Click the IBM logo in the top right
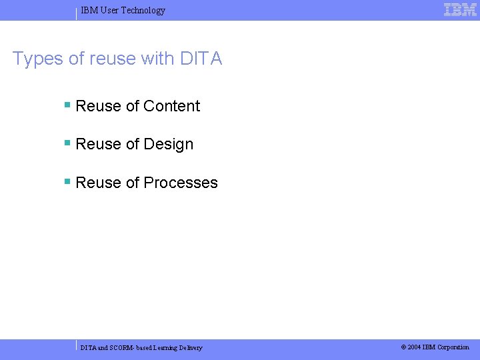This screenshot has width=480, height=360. click(460, 10)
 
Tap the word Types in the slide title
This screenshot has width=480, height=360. click(38, 59)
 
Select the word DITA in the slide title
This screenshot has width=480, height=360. click(201, 59)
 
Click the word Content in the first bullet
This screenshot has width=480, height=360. click(171, 106)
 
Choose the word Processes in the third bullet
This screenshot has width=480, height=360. click(181, 183)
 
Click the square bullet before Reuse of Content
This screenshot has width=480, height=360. click(67, 105)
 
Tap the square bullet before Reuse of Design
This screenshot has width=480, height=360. click(67, 143)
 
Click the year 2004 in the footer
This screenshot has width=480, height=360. click(415, 347)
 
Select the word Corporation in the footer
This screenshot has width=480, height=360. click(453, 347)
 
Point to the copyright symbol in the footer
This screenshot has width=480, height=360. click(403, 347)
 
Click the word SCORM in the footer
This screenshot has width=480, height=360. click(122, 348)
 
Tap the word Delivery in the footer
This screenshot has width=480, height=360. click(189, 348)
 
